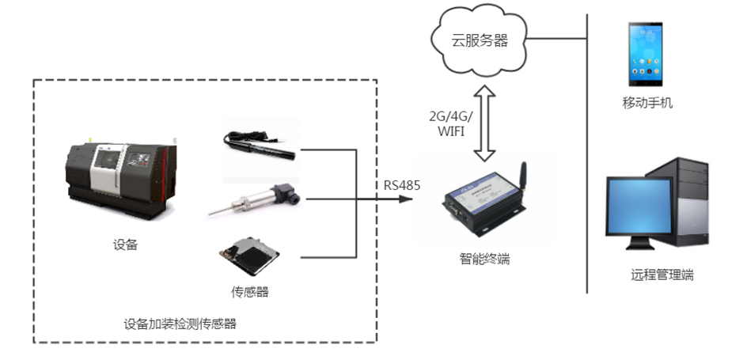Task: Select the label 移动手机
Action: pos(647,103)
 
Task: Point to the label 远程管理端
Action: pos(662,275)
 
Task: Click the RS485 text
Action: pos(402,186)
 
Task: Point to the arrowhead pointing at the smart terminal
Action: pos(407,199)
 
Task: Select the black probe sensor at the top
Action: pos(260,145)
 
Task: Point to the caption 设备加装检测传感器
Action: pos(180,324)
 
